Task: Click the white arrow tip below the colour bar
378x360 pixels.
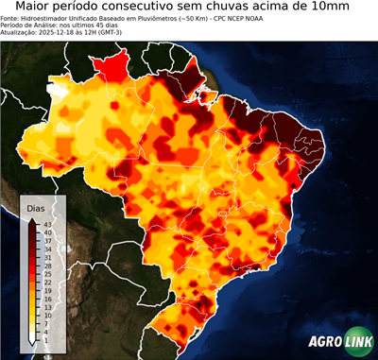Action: (x=31, y=340)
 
